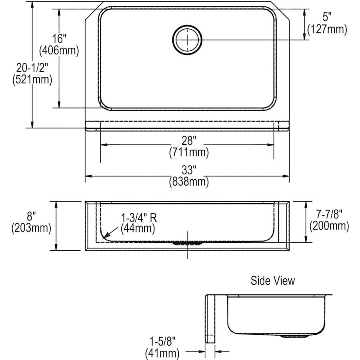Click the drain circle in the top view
pyautogui.click(x=187, y=39)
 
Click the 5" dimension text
pyautogui.click(x=327, y=17)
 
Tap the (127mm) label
pyautogui.click(x=327, y=29)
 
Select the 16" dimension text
pyautogui.click(x=59, y=39)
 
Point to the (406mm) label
pyautogui.click(x=59, y=51)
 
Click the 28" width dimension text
pyautogui.click(x=188, y=141)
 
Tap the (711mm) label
pyautogui.click(x=188, y=152)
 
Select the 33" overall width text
pyautogui.click(x=188, y=170)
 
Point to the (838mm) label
pyautogui.click(x=188, y=182)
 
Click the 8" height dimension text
pyautogui.click(x=31, y=216)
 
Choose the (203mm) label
pyautogui.click(x=31, y=228)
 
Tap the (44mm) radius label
pyautogui.click(x=137, y=229)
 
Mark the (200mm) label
pyautogui.click(x=329, y=226)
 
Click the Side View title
pyautogui.click(x=272, y=280)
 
